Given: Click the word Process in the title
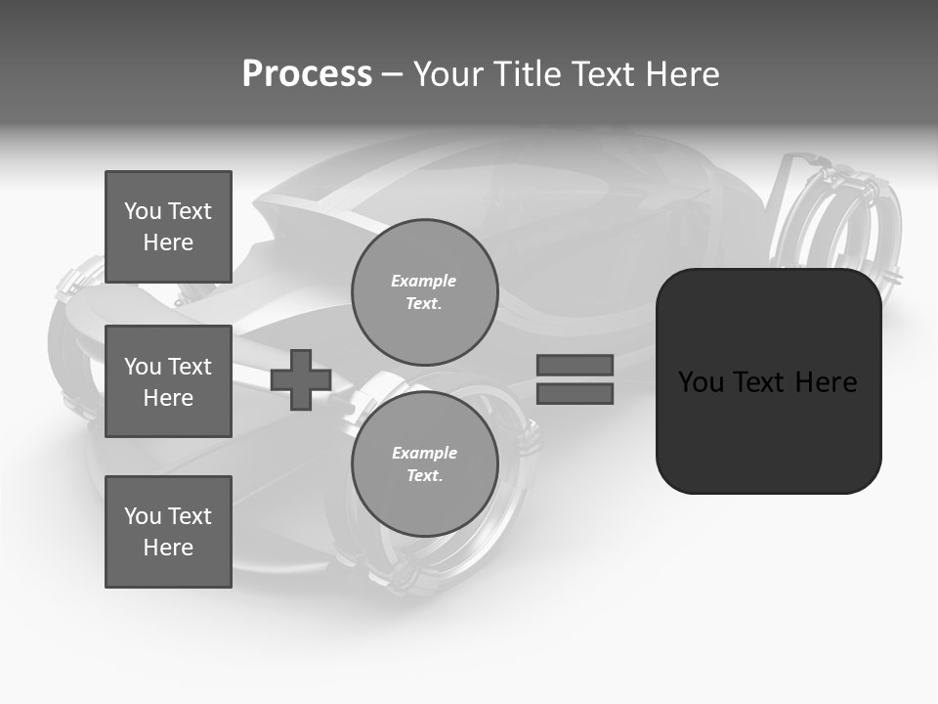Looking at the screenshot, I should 307,74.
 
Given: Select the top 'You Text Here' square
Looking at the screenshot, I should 168,227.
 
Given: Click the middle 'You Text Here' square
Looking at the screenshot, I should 168,381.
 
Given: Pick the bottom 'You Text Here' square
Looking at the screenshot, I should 168,532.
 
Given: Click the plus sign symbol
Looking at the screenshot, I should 301,379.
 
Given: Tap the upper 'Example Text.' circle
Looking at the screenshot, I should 424,292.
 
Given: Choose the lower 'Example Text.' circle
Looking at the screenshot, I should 424,464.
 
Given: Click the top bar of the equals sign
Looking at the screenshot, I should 575,365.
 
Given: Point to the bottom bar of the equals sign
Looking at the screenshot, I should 575,394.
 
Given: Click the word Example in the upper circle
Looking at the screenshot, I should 423,282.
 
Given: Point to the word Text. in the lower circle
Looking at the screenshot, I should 424,476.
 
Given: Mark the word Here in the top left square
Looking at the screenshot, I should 168,242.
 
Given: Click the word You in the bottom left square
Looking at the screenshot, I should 142,516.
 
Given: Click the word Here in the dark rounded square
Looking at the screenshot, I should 826,382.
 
